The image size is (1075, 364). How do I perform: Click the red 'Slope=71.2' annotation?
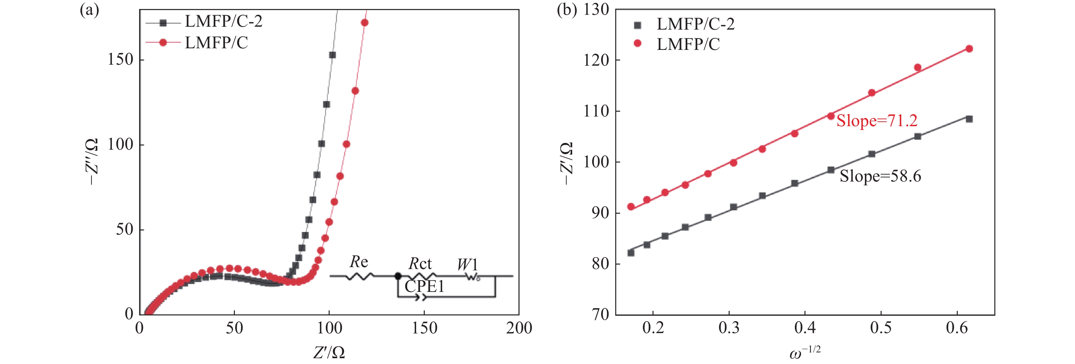(877, 121)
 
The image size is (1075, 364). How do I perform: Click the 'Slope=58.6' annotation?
(880, 176)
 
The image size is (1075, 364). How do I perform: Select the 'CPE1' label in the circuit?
(424, 287)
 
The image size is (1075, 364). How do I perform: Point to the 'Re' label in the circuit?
(359, 262)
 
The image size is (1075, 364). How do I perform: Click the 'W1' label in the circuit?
(467, 265)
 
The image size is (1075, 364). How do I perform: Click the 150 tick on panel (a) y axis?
(120, 60)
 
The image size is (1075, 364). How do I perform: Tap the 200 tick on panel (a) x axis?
(519, 328)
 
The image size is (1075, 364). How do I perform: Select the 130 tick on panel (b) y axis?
(596, 10)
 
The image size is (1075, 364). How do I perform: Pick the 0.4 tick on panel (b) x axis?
(805, 328)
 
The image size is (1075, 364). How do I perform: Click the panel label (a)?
(89, 10)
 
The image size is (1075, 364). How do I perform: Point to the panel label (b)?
(567, 10)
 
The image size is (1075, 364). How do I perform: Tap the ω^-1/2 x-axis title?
(804, 353)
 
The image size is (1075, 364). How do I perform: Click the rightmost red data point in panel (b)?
(969, 49)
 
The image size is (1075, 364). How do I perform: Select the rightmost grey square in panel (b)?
(969, 119)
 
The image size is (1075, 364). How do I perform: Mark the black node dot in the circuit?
(398, 276)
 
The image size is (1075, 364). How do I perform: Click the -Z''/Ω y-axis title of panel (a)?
(92, 162)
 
